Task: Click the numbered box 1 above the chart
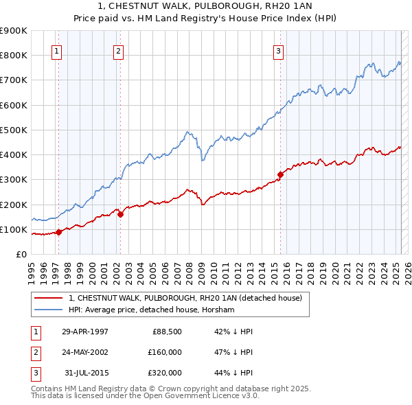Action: coord(56,50)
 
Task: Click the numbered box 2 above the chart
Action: coord(118,50)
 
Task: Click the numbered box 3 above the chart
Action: coord(279,50)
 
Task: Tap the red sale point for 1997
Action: coord(59,232)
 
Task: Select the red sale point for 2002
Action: coord(120,214)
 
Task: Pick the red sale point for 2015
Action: coord(280,174)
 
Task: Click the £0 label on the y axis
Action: coord(21,254)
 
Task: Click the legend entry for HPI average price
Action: coord(151,310)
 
